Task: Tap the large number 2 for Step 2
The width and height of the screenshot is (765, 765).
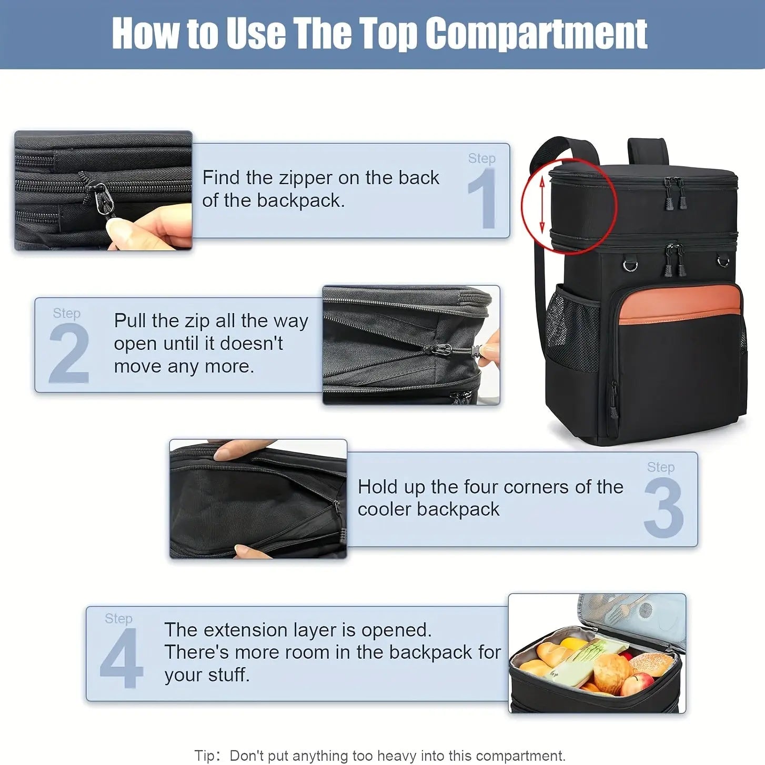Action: (x=69, y=353)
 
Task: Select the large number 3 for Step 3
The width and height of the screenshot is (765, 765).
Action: (x=663, y=508)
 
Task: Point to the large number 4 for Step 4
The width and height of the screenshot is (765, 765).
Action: (x=121, y=658)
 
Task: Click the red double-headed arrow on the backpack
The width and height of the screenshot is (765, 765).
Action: (x=542, y=205)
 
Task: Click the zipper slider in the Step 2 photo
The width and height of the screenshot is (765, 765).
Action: (x=445, y=350)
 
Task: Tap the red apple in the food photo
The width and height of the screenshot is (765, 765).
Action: (x=638, y=684)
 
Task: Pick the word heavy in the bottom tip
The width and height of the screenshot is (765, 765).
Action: (x=393, y=756)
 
